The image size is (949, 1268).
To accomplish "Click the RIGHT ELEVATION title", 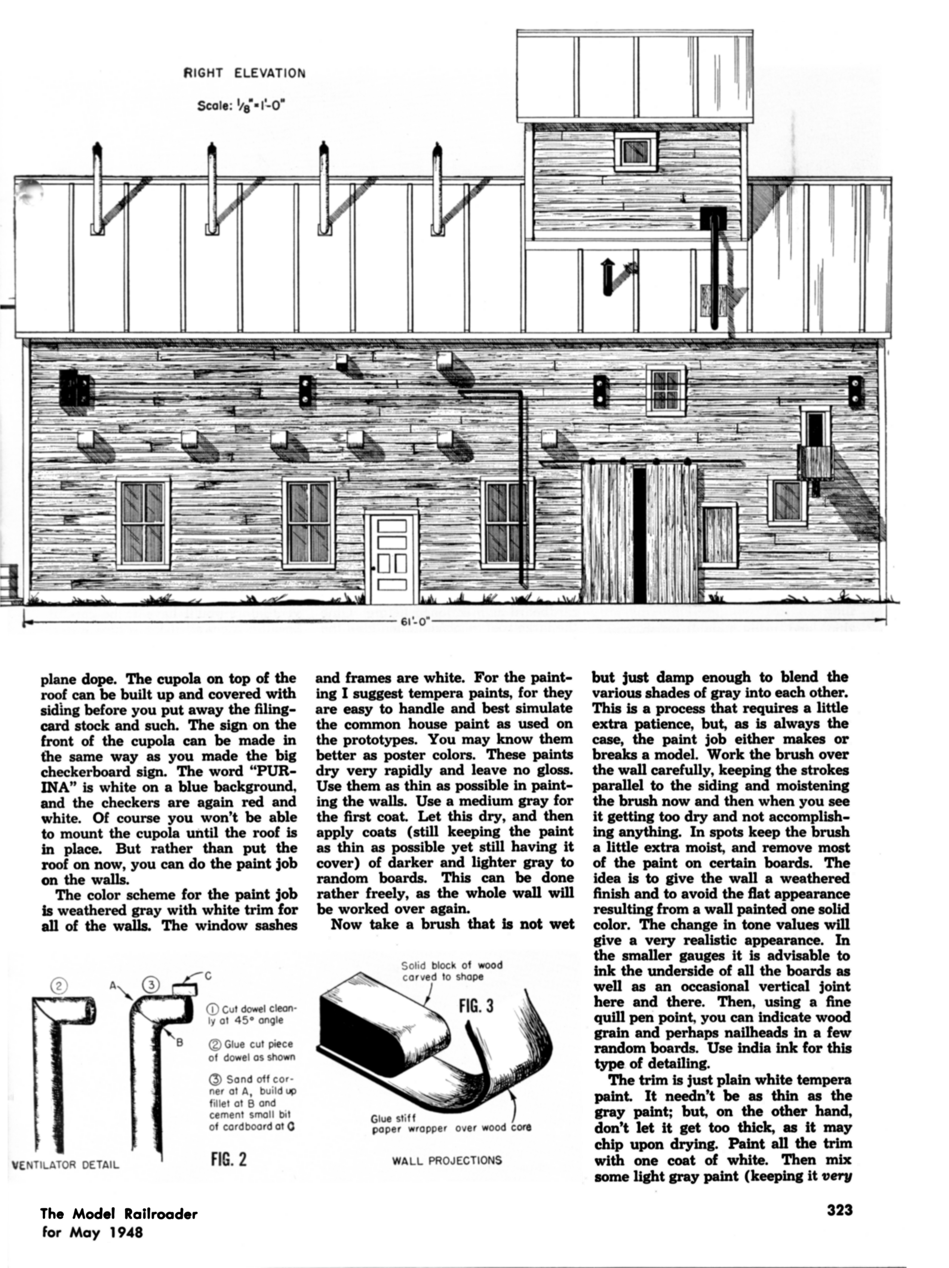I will click(x=244, y=73).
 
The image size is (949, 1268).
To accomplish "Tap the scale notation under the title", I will click(x=241, y=106).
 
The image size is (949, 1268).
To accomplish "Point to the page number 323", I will click(x=839, y=1210).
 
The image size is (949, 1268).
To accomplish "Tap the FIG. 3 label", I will click(x=476, y=1006).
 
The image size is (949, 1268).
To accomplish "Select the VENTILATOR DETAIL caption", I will click(x=65, y=1165).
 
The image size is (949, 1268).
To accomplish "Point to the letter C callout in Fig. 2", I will click(x=208, y=975).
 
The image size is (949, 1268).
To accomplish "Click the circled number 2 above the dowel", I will click(x=59, y=985).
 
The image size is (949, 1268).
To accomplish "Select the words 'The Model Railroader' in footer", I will click(x=119, y=1213).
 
